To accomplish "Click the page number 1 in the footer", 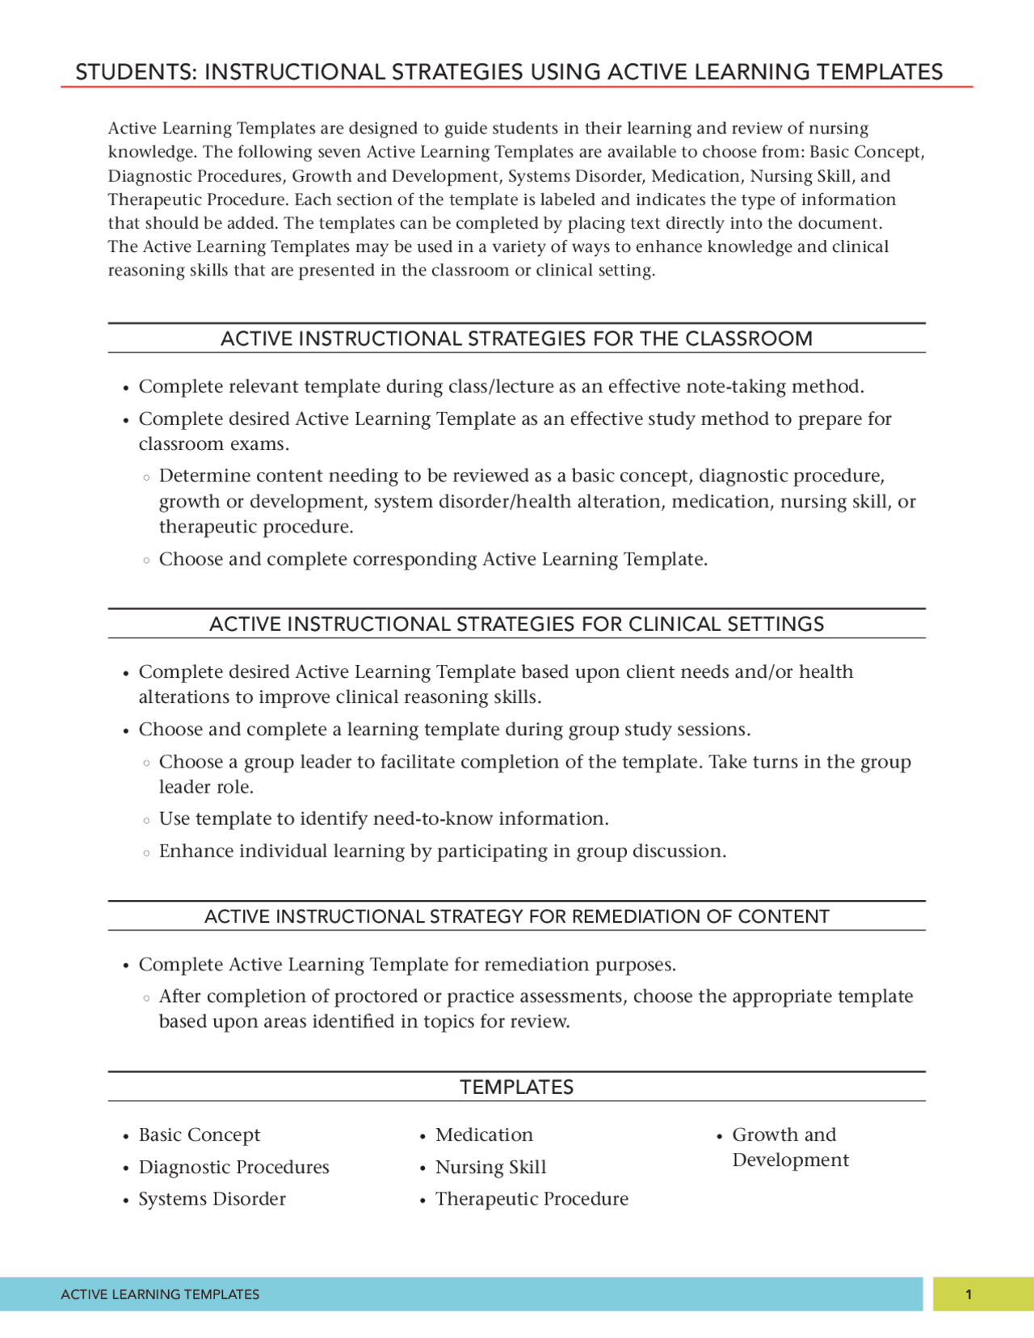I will pyautogui.click(x=968, y=1294).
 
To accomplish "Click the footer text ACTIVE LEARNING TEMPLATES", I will pyautogui.click(x=160, y=1294).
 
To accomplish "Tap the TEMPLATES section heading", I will pyautogui.click(x=516, y=1087).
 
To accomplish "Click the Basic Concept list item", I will pyautogui.click(x=199, y=1134).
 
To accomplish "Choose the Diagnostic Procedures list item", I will pyautogui.click(x=233, y=1167).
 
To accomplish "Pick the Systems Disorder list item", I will pyautogui.click(x=212, y=1199).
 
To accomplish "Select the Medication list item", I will pyautogui.click(x=484, y=1134).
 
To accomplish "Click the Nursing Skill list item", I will pyautogui.click(x=490, y=1167).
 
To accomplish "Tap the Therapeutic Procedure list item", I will pyautogui.click(x=532, y=1199).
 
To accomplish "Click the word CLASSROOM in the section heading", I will pyautogui.click(x=748, y=339).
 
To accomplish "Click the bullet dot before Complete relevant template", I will pyautogui.click(x=126, y=388).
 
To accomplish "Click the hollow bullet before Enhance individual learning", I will pyautogui.click(x=146, y=852).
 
